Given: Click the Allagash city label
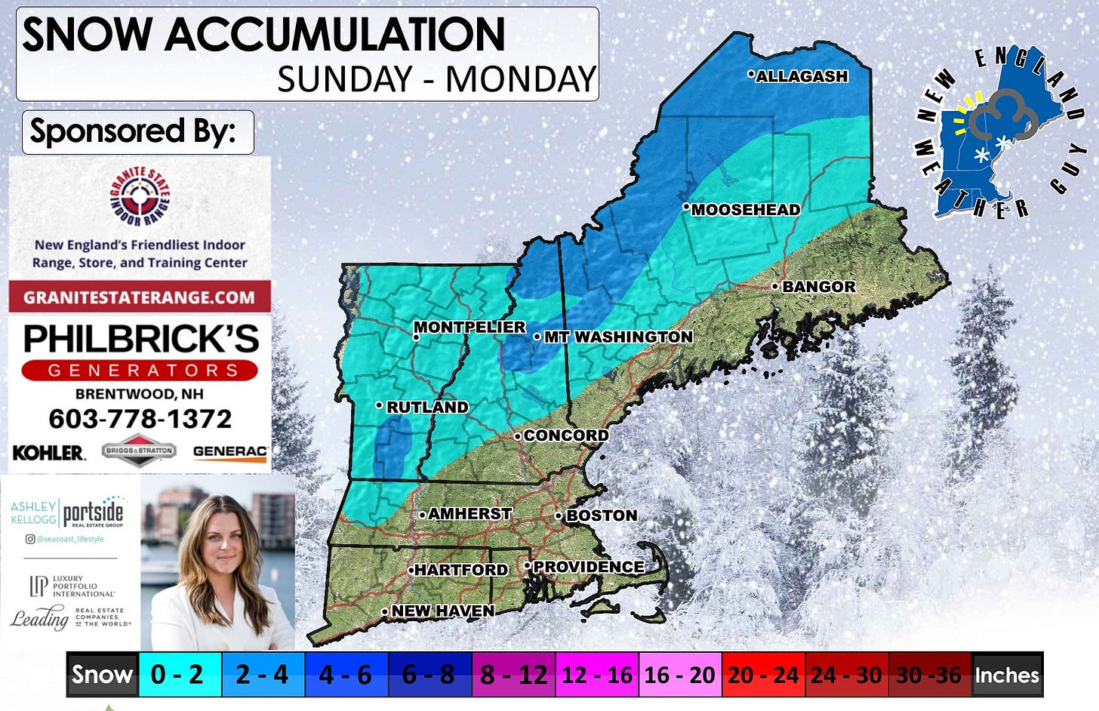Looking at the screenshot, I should coord(802,76).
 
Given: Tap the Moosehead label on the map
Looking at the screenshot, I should coord(745,210).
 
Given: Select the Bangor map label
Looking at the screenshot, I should coord(818,287).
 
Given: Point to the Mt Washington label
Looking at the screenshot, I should coord(618,337).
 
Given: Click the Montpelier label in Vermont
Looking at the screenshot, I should coord(469,327).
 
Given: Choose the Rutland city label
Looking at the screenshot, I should coord(427,407).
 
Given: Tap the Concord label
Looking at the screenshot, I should coord(565,436).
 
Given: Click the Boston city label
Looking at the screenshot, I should coord(602,516).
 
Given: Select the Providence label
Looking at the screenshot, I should coord(589,567).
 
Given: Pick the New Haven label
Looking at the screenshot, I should coord(442,611).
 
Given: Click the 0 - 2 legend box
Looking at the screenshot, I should coord(177,674).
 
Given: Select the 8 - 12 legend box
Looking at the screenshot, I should coord(514,674).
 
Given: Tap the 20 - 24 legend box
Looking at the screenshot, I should coord(763,674).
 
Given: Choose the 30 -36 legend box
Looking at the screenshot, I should coord(928,674).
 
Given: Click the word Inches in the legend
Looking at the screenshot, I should coord(1007,675).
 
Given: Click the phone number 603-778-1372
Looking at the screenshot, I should coord(140,419).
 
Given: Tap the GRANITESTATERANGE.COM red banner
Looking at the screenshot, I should coord(140,297).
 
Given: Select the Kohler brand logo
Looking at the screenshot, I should coord(48,453).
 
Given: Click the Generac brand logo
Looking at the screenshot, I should coord(229,452).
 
